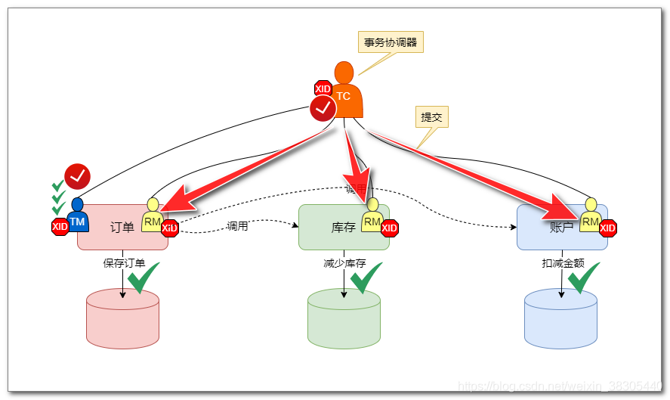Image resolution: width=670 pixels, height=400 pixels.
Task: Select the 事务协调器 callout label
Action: point(390,42)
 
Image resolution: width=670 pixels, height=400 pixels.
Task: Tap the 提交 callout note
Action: point(431,117)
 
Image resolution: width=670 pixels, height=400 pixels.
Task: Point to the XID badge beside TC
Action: point(323,89)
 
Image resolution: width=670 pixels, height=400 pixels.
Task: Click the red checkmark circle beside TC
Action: point(323,109)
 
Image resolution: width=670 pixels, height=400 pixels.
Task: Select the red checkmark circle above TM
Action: point(77,176)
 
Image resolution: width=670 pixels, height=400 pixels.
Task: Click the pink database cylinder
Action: point(122,318)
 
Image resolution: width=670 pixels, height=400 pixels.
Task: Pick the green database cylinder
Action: point(344,318)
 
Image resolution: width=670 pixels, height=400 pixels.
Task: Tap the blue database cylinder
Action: point(560,318)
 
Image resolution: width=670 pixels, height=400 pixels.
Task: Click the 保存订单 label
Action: point(124,263)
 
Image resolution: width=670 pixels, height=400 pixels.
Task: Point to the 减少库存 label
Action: point(344,263)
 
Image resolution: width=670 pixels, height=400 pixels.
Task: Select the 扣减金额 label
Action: point(563,263)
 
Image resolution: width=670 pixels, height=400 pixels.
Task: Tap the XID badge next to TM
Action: point(60,226)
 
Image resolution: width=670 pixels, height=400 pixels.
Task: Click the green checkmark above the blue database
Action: point(583,278)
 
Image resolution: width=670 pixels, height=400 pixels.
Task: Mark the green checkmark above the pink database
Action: point(143,278)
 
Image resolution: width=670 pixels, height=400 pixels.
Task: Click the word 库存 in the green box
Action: point(344,228)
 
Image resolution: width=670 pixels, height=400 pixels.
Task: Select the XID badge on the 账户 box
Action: point(608,228)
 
